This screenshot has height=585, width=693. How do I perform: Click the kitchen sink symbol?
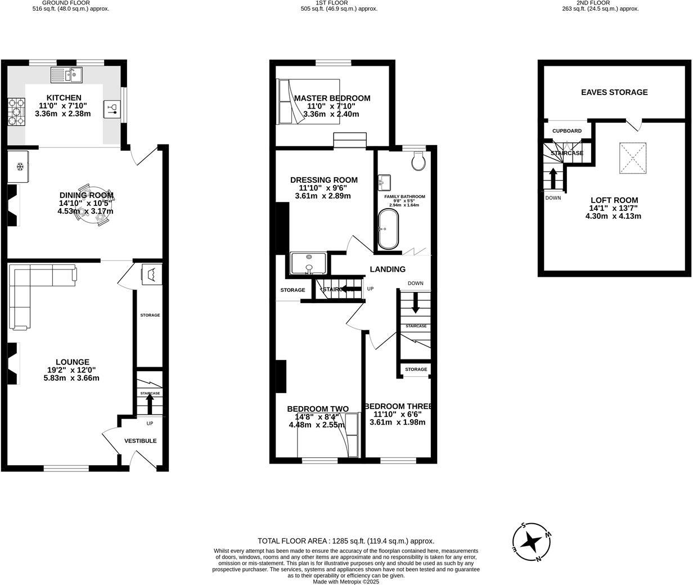[66, 74]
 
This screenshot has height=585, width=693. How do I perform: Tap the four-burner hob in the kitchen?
[16, 112]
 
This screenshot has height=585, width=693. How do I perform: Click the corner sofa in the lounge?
[34, 287]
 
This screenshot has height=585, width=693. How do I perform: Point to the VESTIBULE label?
[141, 441]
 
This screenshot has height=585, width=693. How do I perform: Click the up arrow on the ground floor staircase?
[150, 403]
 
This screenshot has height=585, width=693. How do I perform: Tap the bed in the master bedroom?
[308, 101]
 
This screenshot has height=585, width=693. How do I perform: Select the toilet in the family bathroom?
[418, 161]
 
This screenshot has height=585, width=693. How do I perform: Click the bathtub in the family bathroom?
[388, 229]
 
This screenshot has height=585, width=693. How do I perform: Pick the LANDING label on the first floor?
[387, 269]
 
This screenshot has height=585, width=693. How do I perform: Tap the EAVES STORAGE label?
[614, 92]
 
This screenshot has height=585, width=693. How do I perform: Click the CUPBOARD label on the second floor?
[566, 131]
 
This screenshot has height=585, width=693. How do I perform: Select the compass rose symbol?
[532, 542]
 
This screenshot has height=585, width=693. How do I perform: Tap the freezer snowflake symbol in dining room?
[19, 166]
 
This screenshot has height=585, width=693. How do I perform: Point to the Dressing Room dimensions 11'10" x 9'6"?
[323, 188]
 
